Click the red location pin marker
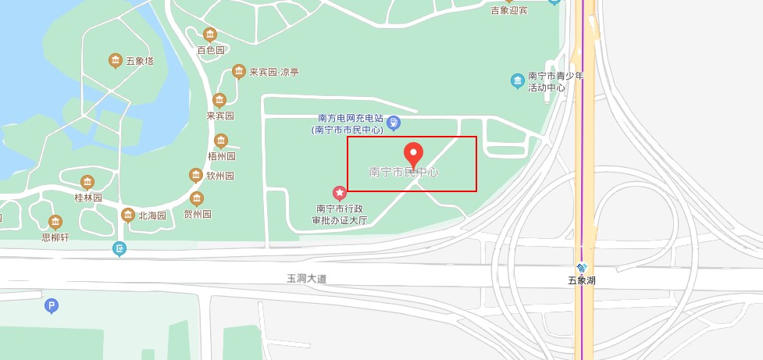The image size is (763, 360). tap(412, 154)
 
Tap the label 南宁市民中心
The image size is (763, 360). tap(403, 172)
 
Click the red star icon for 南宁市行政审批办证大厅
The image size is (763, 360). tap(340, 192)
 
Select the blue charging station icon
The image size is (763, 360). tap(394, 122)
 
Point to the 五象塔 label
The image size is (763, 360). tap(140, 61)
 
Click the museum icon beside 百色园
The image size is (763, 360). tap(209, 34)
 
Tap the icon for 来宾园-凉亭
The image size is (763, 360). tap(239, 72)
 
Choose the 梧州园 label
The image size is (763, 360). tap(221, 156)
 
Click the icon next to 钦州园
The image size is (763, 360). tap(196, 176)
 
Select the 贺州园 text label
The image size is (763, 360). tap(198, 214)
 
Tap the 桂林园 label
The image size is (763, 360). tap(87, 198)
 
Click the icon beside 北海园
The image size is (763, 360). tap(128, 215)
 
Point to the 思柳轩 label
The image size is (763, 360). tap(55, 237)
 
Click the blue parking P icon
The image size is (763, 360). tap(52, 306)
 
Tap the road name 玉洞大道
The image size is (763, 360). tap(307, 278)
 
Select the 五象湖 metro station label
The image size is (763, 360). tap(581, 280)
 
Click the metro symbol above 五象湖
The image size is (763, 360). tap(581, 268)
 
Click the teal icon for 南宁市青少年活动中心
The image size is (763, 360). tap(517, 80)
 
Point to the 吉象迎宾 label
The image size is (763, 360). tap(509, 11)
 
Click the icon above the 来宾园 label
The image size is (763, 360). tap(219, 100)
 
